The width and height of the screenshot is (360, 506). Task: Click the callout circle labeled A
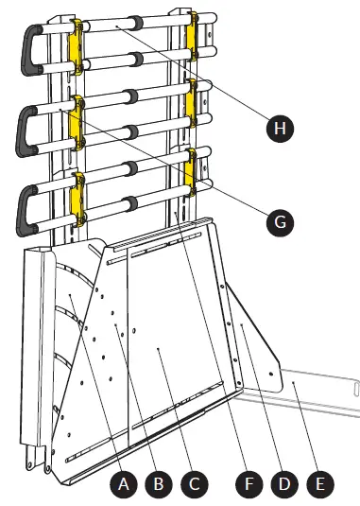[121, 484]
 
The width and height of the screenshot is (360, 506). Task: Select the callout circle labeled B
[158, 484]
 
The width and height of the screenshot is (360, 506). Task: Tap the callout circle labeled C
[193, 484]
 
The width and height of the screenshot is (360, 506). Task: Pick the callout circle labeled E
[320, 484]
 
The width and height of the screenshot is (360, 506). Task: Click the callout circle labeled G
[279, 223]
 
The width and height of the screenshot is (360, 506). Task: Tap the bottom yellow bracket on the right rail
[194, 166]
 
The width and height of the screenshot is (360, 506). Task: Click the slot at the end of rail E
[353, 386]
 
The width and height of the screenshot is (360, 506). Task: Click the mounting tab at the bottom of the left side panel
[36, 463]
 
